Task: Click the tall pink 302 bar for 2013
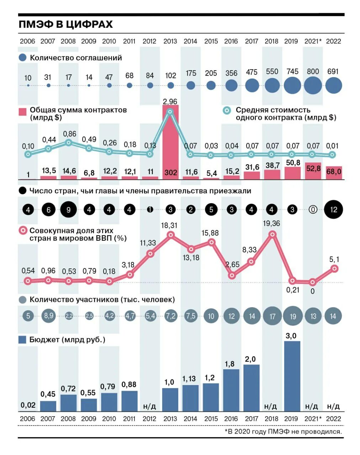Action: click(x=170, y=142)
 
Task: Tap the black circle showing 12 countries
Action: click(x=333, y=209)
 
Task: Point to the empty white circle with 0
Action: click(x=313, y=210)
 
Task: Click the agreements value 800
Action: click(x=313, y=71)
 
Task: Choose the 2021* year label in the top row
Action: click(x=313, y=41)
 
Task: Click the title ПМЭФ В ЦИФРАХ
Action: click(x=65, y=24)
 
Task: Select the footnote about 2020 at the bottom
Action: click(x=283, y=432)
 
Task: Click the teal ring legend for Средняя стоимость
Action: click(x=227, y=111)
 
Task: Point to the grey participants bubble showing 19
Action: click(x=293, y=316)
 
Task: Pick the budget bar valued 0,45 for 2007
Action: click(x=48, y=406)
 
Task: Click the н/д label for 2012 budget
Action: click(x=149, y=406)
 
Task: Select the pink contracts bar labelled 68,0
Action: click(x=334, y=172)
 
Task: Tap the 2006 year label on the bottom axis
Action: click(x=27, y=419)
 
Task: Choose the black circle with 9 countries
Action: click(x=69, y=210)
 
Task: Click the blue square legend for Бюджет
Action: click(x=22, y=340)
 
